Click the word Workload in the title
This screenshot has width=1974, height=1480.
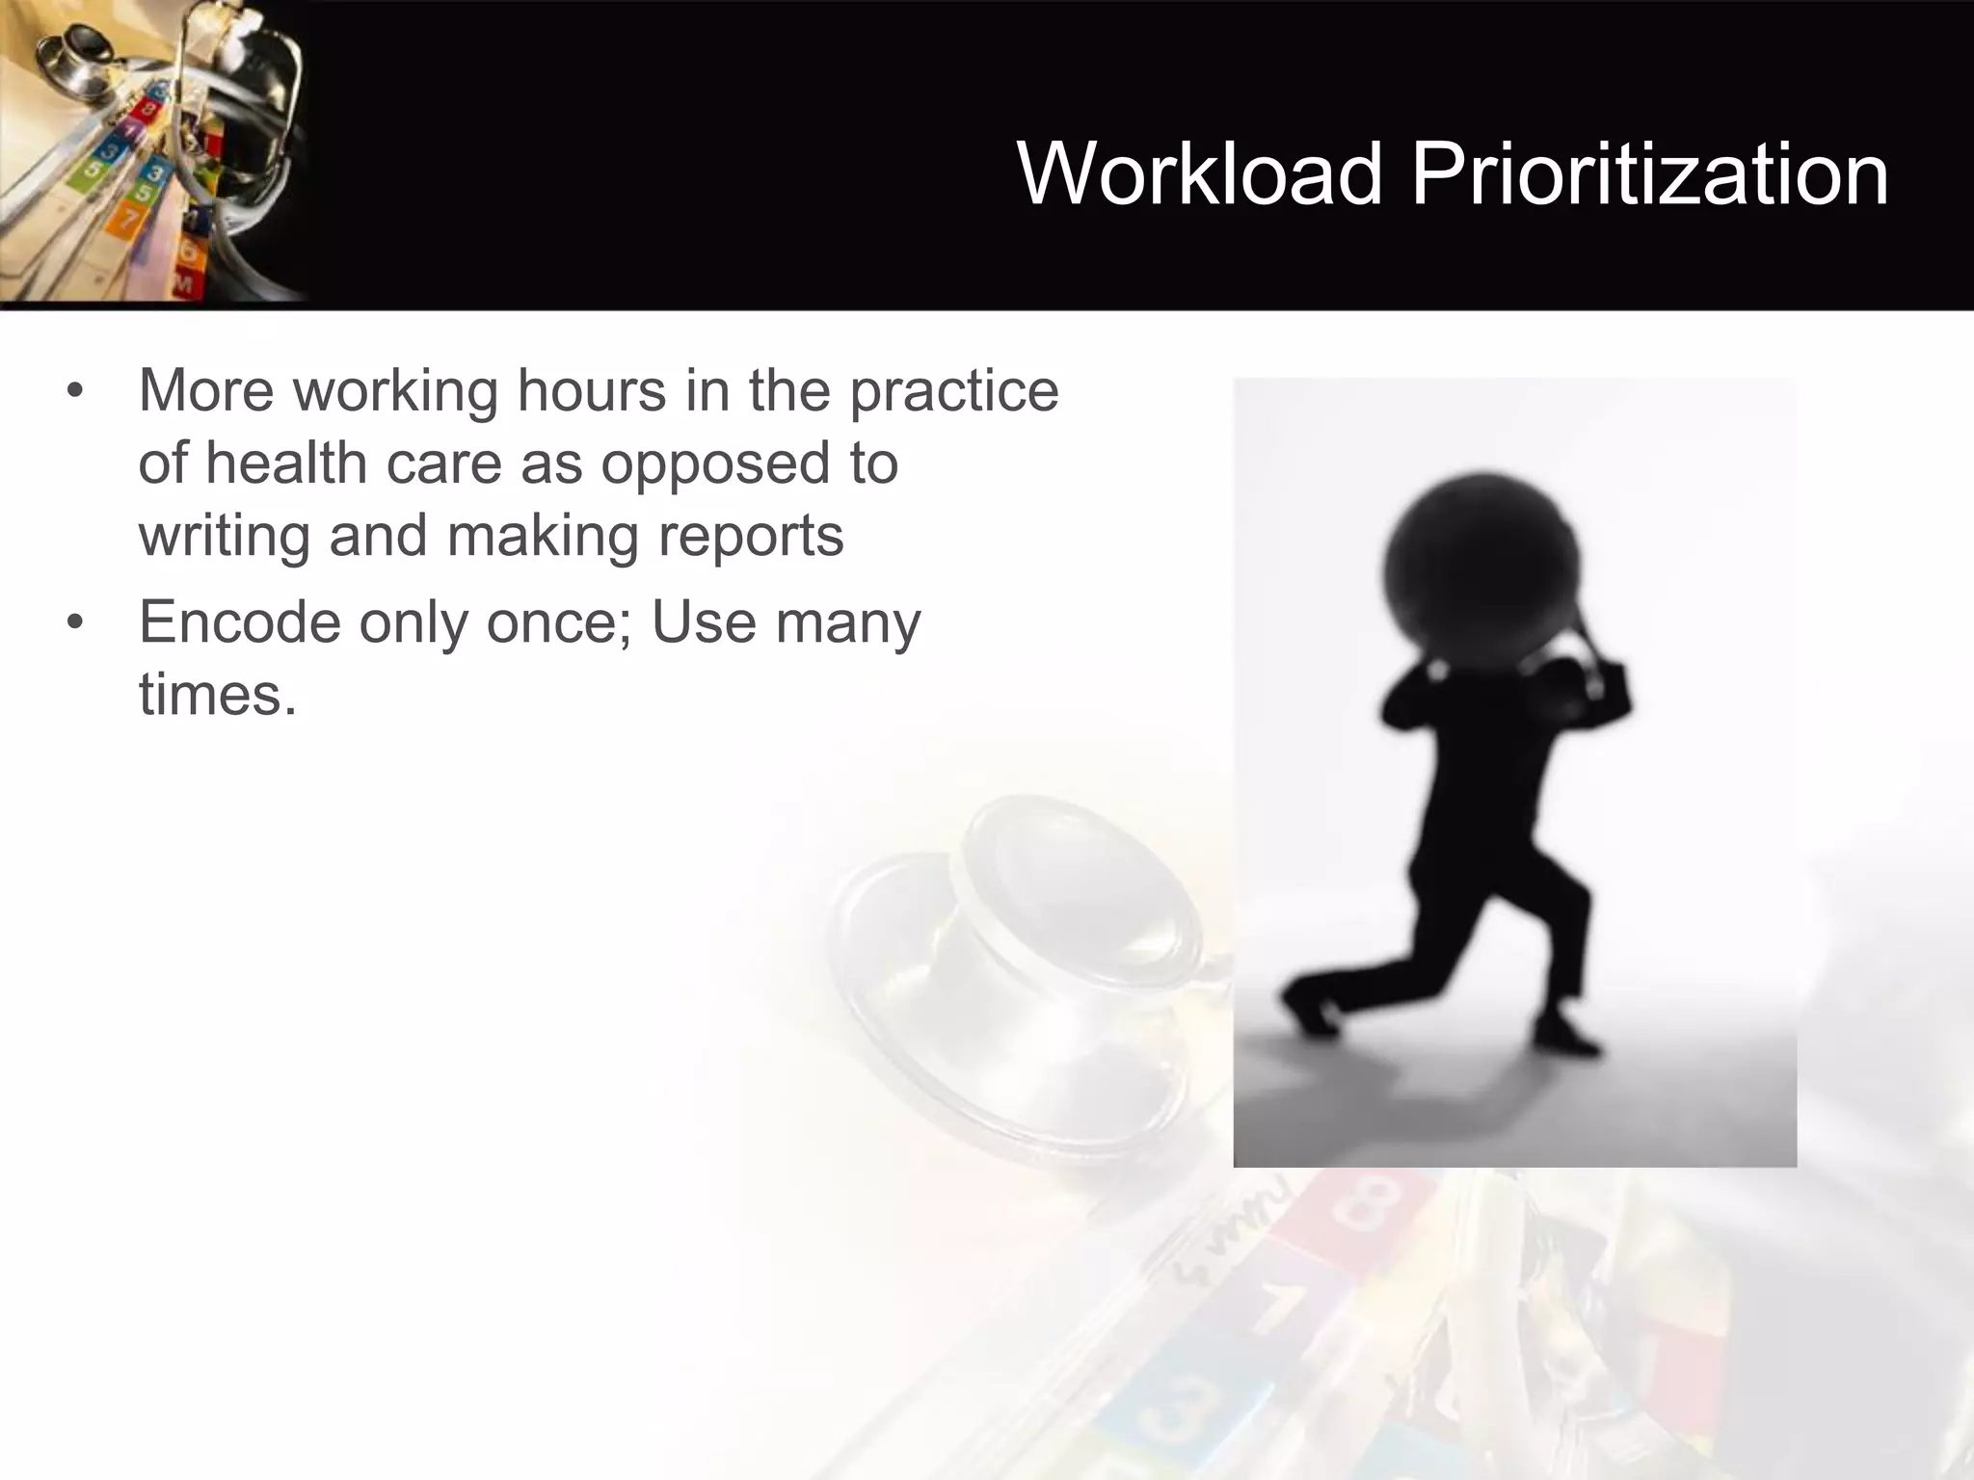click(1200, 174)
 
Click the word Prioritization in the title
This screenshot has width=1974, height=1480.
click(1649, 174)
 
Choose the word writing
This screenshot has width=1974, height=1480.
click(224, 537)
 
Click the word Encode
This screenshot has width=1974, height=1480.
click(239, 622)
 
